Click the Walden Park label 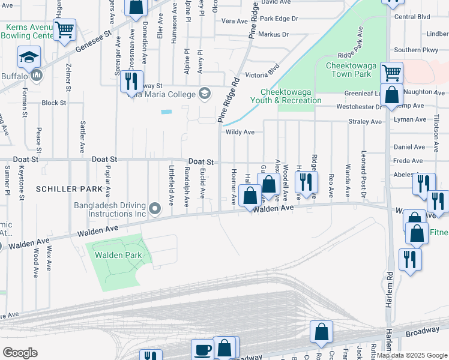click(x=118, y=254)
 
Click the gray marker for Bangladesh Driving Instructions click(x=155, y=209)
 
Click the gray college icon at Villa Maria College click(x=205, y=93)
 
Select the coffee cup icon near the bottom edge click(x=202, y=349)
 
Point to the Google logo click(x=20, y=352)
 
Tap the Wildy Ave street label click(x=240, y=132)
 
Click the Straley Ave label click(x=365, y=122)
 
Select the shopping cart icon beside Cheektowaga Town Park click(x=391, y=73)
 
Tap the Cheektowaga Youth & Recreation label click(x=287, y=96)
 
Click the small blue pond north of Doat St click(x=166, y=112)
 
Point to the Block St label click(x=54, y=103)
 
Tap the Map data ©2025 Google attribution click(x=412, y=355)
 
